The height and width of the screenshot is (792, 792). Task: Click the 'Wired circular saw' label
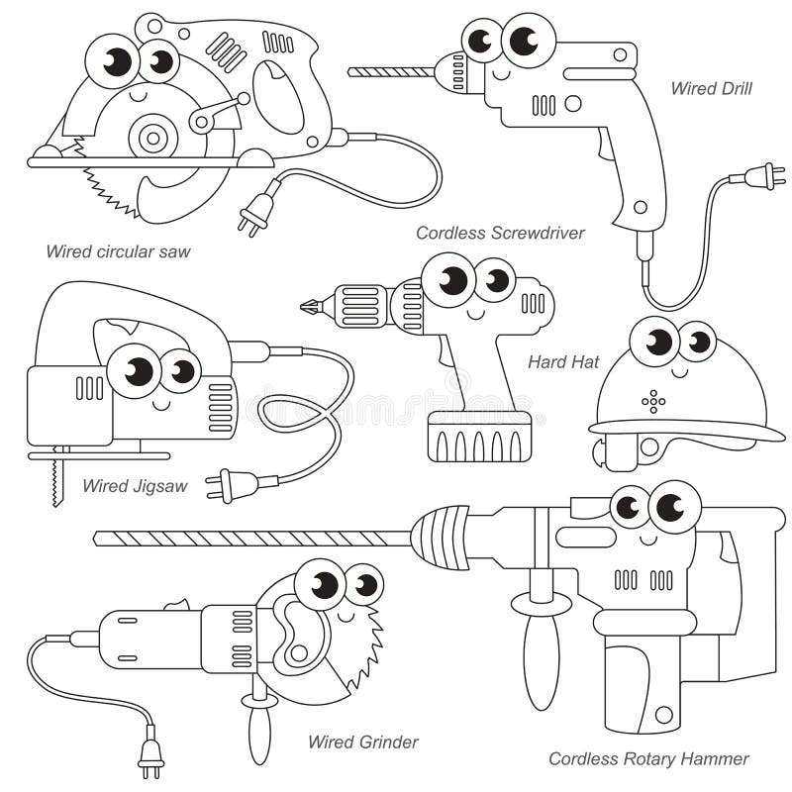118,251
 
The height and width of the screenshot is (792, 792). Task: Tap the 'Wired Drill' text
711,89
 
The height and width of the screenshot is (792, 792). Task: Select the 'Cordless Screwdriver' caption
500,234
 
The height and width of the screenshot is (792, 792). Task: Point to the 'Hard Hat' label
563,362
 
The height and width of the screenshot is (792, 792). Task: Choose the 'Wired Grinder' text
362,742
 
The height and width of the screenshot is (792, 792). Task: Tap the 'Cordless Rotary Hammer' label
648,759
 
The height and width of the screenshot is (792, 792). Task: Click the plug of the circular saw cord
256,210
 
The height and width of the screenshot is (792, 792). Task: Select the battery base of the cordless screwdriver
479,437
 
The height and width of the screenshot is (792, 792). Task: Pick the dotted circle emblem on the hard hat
653,401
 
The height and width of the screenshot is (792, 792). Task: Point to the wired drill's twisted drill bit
390,71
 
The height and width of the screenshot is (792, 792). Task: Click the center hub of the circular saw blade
152,137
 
